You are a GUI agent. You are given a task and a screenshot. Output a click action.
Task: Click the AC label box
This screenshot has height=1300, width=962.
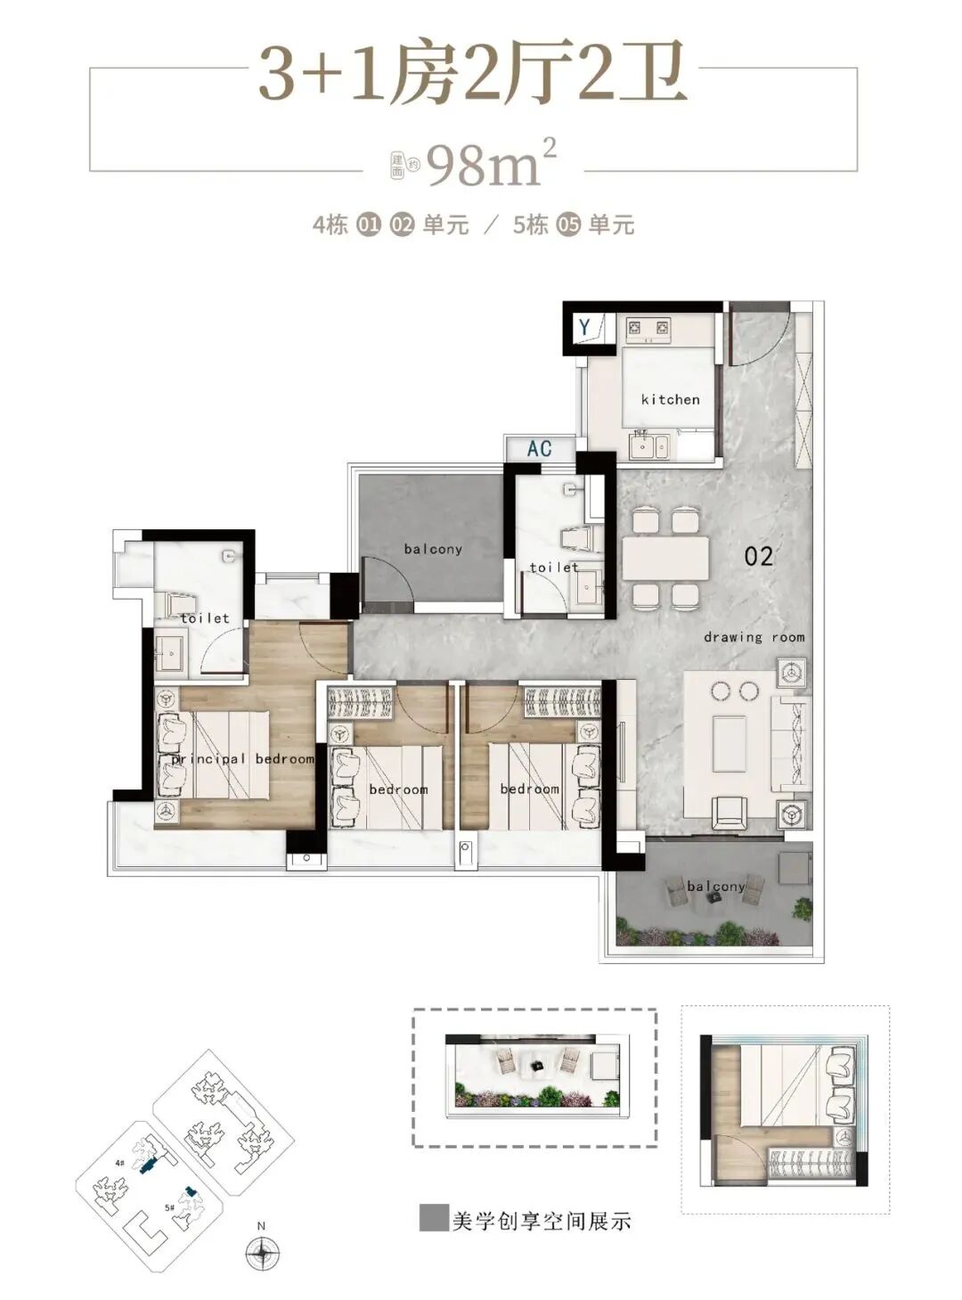point(539,448)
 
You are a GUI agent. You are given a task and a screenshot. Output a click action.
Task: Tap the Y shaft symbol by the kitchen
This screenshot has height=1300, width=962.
point(585,327)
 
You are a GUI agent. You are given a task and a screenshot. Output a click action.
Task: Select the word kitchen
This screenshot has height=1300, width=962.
point(670,399)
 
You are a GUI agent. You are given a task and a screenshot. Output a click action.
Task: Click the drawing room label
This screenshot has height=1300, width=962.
point(754,637)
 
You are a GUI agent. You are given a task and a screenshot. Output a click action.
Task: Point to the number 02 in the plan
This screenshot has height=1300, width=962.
point(758,557)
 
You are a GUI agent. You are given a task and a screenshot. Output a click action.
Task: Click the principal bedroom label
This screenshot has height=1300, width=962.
point(243,759)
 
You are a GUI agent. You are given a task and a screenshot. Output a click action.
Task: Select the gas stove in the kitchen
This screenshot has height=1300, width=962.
point(648,330)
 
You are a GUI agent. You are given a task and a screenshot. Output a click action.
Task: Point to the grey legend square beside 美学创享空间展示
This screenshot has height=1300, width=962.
point(431,1219)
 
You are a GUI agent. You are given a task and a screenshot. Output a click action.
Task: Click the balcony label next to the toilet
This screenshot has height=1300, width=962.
point(433,549)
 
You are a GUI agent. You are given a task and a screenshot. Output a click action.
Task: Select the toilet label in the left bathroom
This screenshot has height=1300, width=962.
point(205,617)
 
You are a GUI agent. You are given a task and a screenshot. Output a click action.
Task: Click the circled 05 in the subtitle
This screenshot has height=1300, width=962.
point(568,225)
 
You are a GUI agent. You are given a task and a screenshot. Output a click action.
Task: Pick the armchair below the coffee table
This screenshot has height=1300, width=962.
point(730,812)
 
